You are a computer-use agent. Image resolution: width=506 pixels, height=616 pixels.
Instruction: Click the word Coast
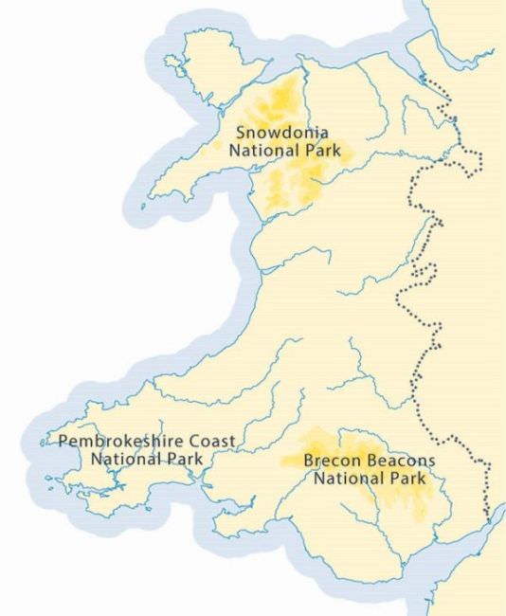[x=214, y=442]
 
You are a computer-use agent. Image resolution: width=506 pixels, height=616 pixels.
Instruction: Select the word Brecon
[x=328, y=462]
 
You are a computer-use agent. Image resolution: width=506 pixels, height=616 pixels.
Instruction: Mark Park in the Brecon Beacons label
[x=405, y=479]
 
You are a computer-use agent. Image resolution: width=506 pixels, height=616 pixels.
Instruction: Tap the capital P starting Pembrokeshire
[x=63, y=442]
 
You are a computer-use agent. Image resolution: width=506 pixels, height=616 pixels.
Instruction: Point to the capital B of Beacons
[x=360, y=462]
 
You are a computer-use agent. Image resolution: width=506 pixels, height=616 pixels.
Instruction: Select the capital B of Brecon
[x=308, y=462]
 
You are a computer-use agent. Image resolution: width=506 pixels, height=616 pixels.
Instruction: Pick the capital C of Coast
[x=198, y=442]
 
